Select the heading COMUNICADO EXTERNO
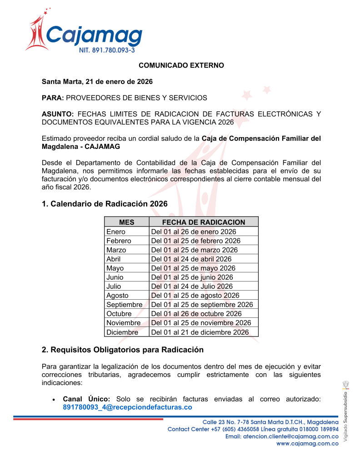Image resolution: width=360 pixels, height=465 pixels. click(x=181, y=65)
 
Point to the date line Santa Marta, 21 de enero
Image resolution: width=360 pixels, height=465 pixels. click(x=97, y=82)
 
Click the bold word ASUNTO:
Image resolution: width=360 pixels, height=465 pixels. click(x=58, y=114)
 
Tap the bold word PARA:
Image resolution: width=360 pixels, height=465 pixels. click(x=52, y=98)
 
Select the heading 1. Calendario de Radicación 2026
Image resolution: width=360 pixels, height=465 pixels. click(x=105, y=204)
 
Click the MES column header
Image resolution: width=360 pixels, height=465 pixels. click(x=127, y=222)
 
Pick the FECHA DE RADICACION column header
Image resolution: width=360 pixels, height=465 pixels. click(x=204, y=222)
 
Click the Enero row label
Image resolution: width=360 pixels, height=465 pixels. click(x=116, y=232)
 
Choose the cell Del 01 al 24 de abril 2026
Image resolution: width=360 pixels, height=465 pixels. click(x=191, y=259)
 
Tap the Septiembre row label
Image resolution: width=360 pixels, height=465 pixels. click(x=124, y=304)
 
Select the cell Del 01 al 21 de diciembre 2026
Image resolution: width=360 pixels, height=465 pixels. click(x=200, y=332)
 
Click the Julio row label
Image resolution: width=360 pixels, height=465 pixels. click(x=114, y=286)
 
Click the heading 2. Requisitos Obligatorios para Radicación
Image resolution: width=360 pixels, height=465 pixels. click(x=123, y=350)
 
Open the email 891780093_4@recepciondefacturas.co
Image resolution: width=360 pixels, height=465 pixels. click(x=127, y=407)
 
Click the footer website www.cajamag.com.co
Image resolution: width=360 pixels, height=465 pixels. click(x=308, y=444)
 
